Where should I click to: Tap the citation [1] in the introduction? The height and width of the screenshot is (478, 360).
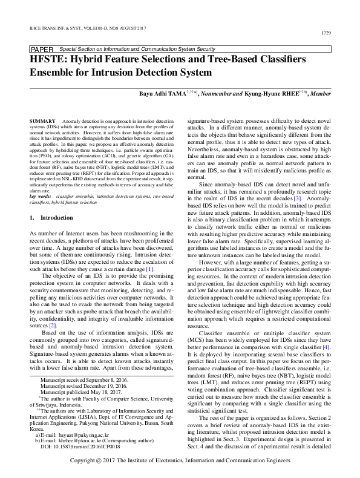[x=151, y=269]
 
